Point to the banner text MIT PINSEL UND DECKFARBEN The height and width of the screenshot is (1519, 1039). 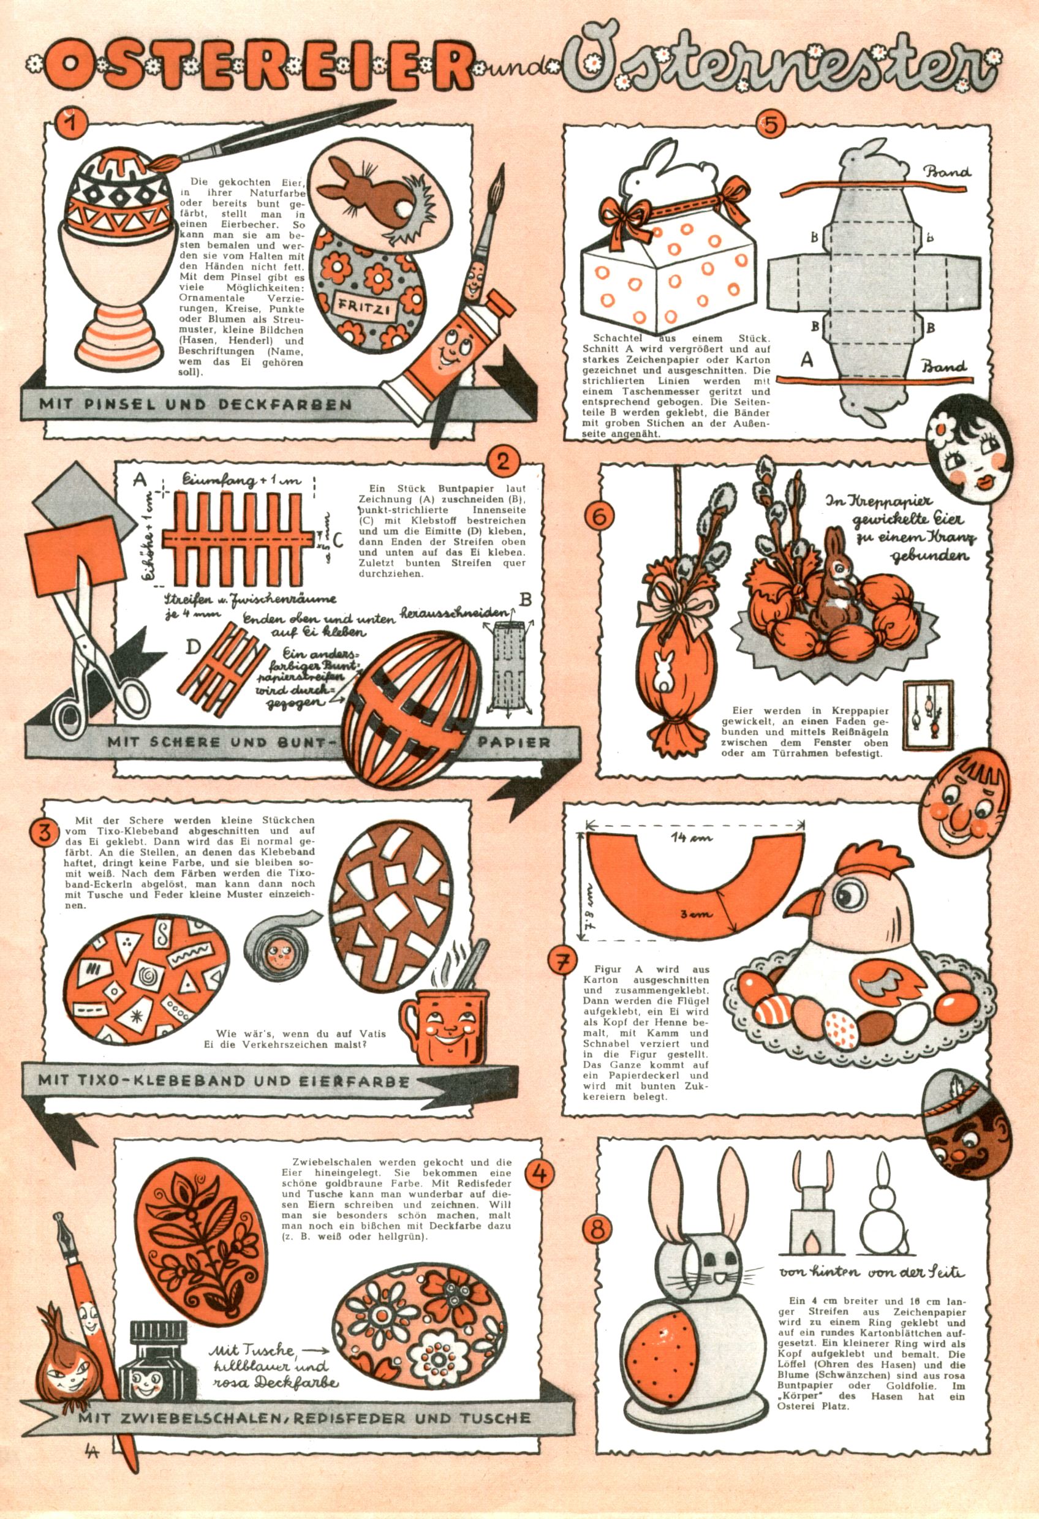pyautogui.click(x=195, y=404)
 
